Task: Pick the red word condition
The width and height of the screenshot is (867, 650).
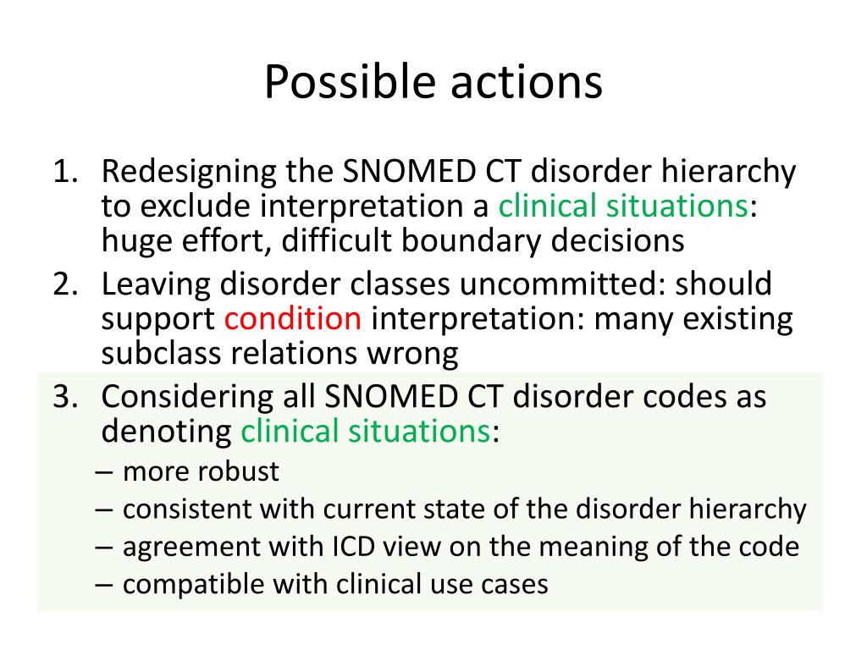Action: pos(293,319)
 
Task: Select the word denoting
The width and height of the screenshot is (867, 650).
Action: pos(166,432)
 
